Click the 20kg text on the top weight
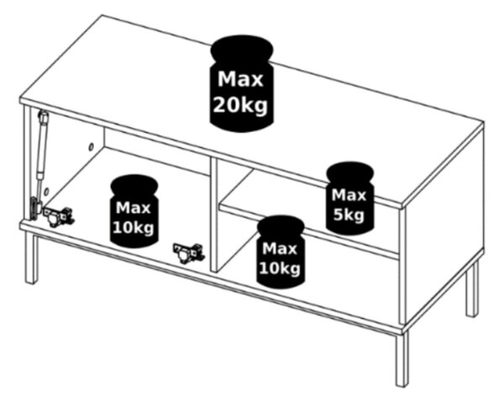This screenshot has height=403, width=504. (240, 105)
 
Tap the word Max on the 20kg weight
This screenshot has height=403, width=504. (240, 79)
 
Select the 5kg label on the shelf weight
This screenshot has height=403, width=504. (349, 215)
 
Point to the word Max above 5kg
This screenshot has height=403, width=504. (349, 195)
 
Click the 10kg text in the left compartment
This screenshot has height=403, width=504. (134, 228)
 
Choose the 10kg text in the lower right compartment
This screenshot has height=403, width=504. (280, 268)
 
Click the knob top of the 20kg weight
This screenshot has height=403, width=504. (242, 48)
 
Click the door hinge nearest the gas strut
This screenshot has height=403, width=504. (59, 215)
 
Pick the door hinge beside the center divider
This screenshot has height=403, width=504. (189, 252)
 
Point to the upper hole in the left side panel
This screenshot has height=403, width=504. (91, 147)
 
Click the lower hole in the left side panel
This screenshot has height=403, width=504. (47, 192)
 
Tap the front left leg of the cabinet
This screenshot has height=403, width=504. (31, 258)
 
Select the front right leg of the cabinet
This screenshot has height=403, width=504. (402, 358)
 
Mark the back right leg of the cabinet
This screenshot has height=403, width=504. (472, 289)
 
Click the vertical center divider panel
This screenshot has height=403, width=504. (213, 215)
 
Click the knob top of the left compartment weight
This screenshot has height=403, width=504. (134, 186)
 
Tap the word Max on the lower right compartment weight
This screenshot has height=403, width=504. (280, 248)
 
